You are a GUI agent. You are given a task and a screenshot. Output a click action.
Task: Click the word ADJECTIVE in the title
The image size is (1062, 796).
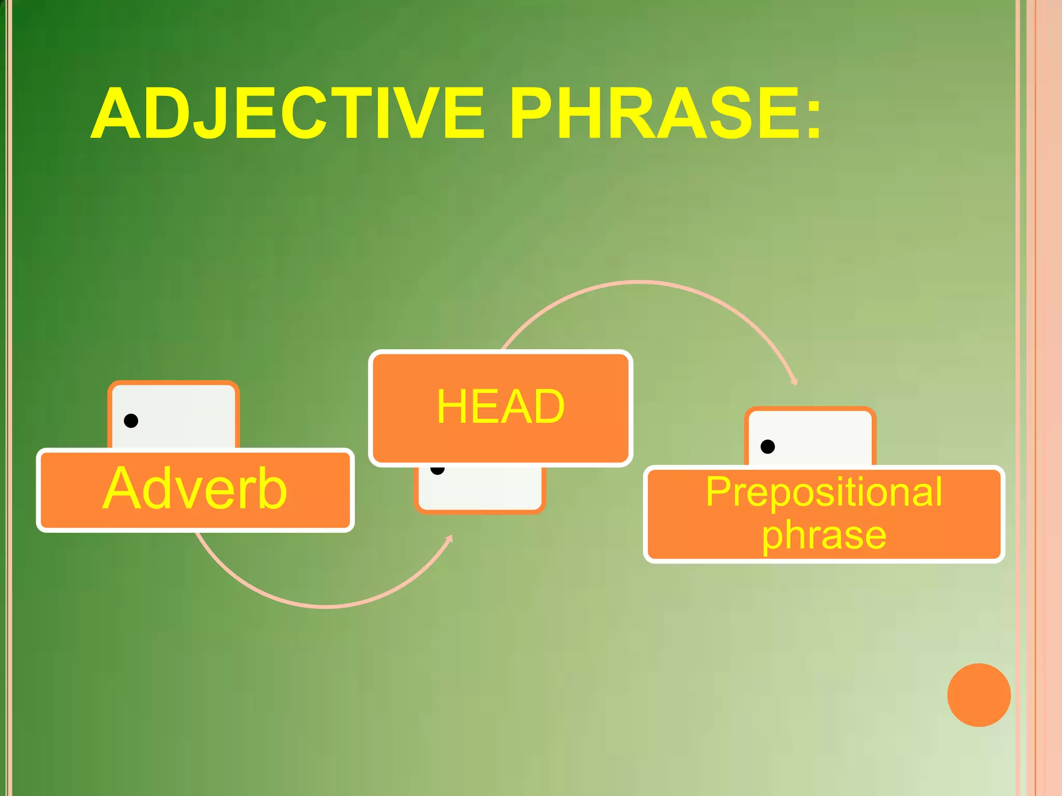[x=288, y=113]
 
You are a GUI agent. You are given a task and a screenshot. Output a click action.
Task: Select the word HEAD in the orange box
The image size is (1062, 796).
[x=500, y=407]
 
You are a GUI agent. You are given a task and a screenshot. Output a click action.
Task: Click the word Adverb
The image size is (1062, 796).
[x=195, y=489]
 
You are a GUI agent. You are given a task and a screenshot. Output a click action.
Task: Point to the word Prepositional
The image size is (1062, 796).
[x=823, y=492]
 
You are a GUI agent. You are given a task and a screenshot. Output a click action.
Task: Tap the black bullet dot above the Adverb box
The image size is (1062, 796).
[x=131, y=420]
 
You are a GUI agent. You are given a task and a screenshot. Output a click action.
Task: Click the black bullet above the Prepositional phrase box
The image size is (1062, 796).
[x=767, y=446]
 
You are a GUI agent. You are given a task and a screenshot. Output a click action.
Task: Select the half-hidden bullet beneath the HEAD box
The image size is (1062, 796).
[x=438, y=471]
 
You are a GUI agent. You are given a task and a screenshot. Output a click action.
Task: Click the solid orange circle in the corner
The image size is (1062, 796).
[x=979, y=695]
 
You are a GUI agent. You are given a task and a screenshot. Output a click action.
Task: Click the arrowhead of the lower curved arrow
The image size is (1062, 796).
[x=450, y=539]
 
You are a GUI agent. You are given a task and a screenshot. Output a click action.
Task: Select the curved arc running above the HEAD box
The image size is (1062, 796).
[x=640, y=282]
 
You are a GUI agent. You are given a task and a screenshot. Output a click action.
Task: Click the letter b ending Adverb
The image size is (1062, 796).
[x=272, y=489]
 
